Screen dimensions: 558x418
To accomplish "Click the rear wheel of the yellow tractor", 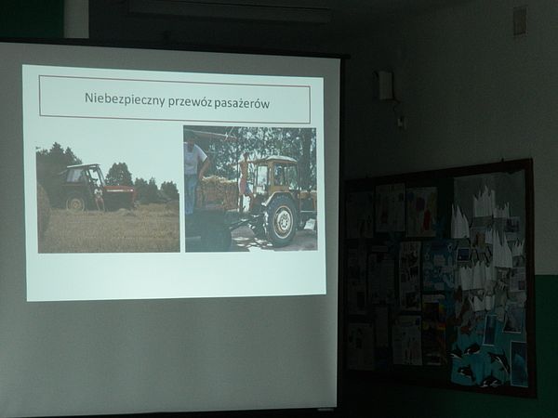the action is (281, 221).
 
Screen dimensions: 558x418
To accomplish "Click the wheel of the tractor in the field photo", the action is (76, 202).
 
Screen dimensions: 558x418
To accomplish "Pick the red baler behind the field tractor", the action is (120, 197).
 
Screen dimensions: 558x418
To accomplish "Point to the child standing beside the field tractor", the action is (99, 199).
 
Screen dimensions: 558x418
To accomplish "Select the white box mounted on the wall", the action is (386, 85).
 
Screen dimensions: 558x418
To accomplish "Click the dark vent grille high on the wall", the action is (520, 20).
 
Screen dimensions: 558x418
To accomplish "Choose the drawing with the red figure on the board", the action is (422, 211).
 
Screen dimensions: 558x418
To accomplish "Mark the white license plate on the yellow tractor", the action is (310, 224).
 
